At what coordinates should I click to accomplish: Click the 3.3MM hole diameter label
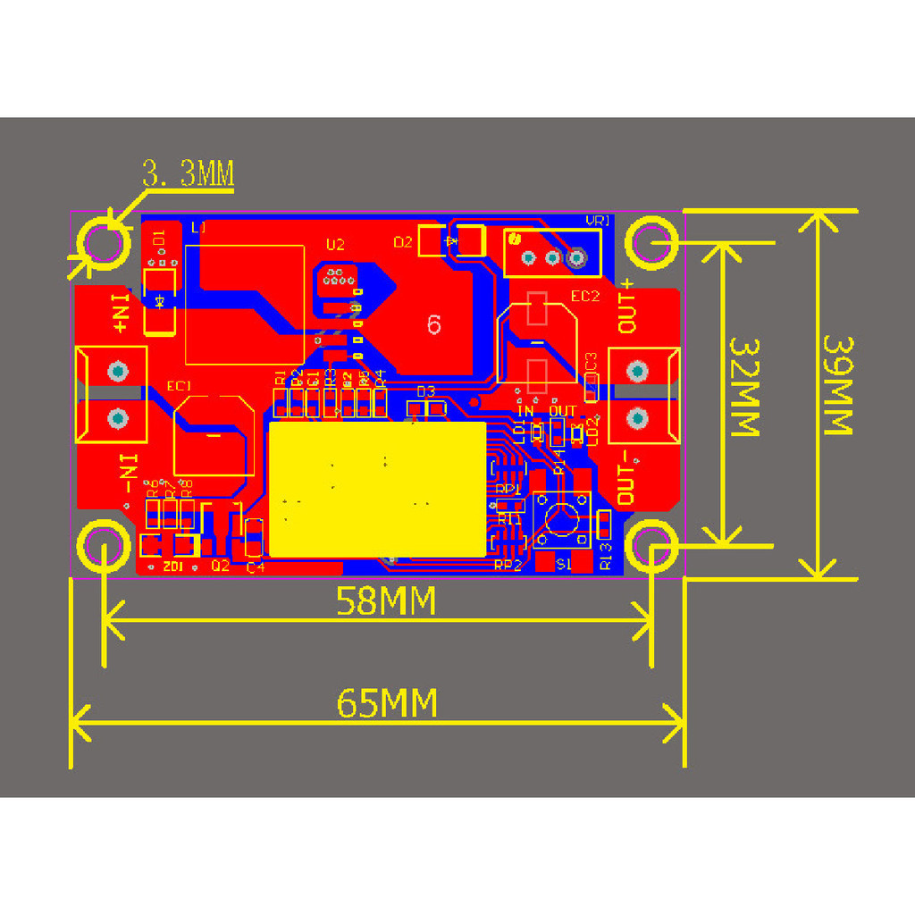(189, 174)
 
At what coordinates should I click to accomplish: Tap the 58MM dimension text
(386, 601)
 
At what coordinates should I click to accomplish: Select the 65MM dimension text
(387, 703)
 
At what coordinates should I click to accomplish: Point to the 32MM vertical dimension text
(743, 386)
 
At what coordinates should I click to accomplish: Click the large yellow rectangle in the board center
(377, 490)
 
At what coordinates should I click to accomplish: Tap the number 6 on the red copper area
(434, 325)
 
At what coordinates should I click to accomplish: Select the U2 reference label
(335, 244)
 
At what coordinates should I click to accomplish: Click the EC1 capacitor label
(180, 386)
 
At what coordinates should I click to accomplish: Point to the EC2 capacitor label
(585, 297)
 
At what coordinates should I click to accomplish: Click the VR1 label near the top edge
(597, 221)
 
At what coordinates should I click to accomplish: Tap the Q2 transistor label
(220, 566)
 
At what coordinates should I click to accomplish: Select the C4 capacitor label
(256, 567)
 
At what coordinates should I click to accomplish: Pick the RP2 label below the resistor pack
(508, 565)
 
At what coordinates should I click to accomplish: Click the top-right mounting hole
(650, 242)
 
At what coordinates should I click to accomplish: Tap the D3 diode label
(425, 391)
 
